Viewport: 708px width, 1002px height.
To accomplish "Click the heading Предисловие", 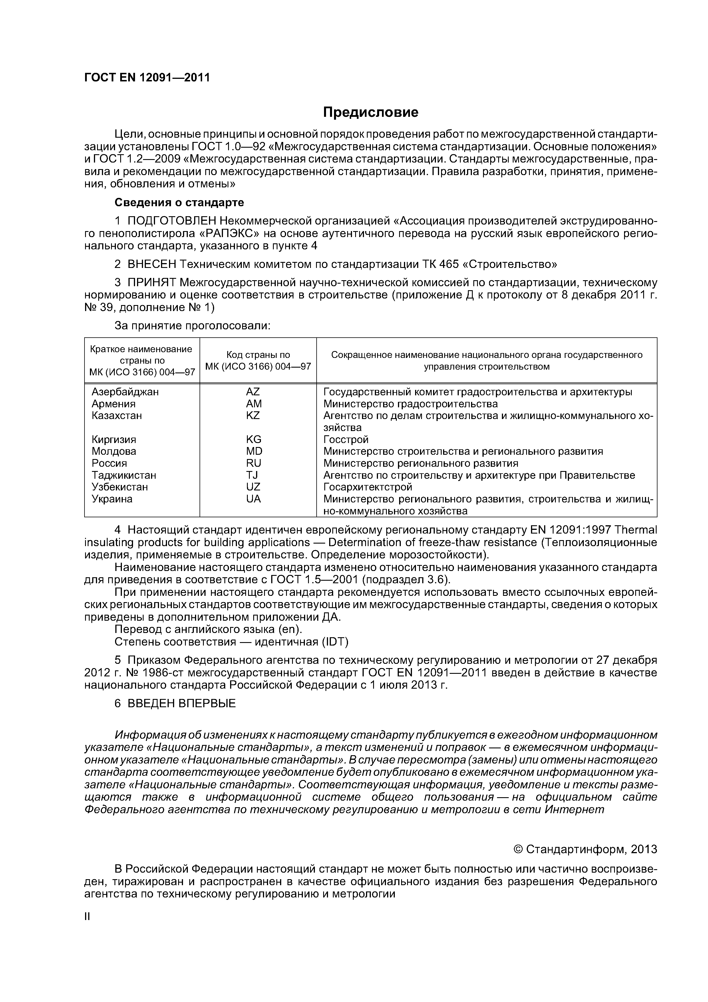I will click(x=370, y=113).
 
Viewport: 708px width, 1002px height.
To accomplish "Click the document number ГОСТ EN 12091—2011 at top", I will click(x=147, y=78).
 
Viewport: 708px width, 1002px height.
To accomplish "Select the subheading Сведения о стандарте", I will click(x=179, y=203).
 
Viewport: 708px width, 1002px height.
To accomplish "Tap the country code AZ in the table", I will click(x=253, y=392).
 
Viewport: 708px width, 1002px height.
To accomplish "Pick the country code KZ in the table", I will click(x=253, y=416).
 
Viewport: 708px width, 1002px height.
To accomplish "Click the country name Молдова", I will click(x=114, y=451).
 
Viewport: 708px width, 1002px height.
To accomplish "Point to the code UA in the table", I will click(x=253, y=499).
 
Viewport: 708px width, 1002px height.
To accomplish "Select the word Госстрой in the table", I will click(x=346, y=440).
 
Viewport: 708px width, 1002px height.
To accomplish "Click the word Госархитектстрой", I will click(x=368, y=487).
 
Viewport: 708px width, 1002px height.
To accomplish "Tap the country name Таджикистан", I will click(x=124, y=475).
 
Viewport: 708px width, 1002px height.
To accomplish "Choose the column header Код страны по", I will click(x=258, y=355).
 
